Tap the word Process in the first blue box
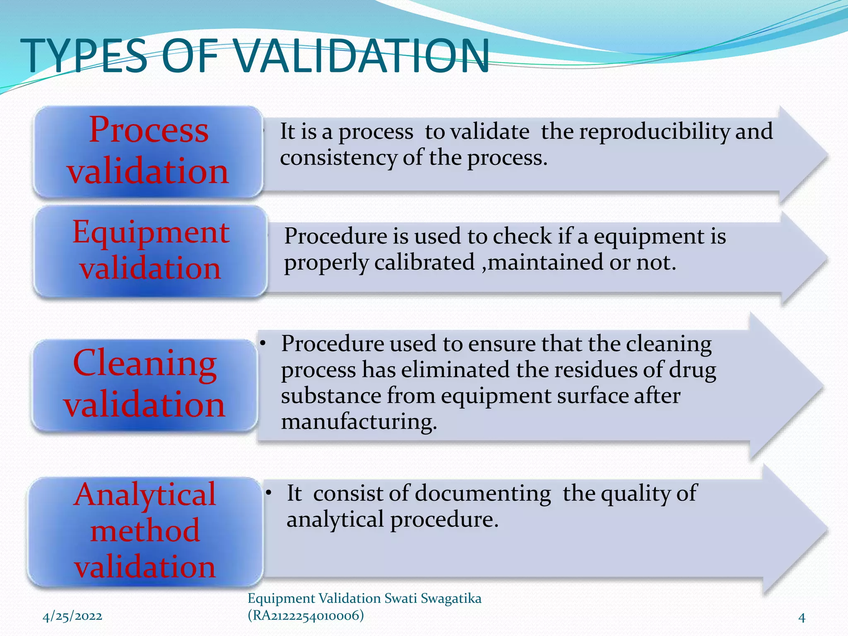point(149,130)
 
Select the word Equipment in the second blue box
point(151,233)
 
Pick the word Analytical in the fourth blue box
point(145,494)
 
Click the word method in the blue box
point(145,531)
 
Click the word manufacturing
point(359,422)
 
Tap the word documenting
point(483,494)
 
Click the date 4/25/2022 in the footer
point(72,616)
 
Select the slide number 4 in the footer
point(802,618)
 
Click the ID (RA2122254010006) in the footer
point(306,616)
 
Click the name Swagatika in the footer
point(451,599)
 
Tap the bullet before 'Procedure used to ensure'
point(263,343)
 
